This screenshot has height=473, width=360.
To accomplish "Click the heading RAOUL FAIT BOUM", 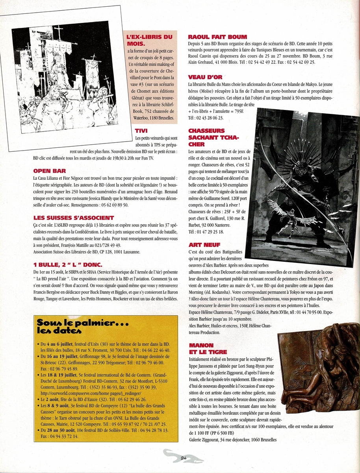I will pyautogui.click(x=218, y=37).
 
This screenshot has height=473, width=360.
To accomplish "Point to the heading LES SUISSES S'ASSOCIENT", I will pyautogui.click(x=74, y=218).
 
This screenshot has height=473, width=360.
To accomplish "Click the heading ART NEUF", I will pyautogui.click(x=204, y=245).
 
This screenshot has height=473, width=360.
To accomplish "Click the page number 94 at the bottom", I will pyautogui.click(x=183, y=458).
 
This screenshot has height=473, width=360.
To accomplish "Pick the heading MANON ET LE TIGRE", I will pyautogui.click(x=208, y=348).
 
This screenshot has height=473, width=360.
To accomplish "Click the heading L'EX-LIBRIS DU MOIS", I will pyautogui.click(x=149, y=40).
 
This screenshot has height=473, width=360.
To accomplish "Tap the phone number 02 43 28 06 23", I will pyautogui.click(x=206, y=118).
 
